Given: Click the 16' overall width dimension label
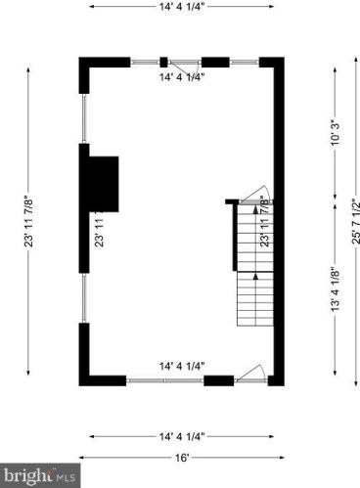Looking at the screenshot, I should click(181, 456).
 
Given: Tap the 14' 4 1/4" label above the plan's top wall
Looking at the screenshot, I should click(181, 6).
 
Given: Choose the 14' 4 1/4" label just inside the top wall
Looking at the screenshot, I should click(182, 76).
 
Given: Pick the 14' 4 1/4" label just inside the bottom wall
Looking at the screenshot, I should click(182, 366).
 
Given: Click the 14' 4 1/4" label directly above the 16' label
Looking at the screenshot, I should click(181, 435).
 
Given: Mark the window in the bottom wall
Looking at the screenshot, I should click(165, 379).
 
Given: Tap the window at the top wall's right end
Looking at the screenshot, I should click(246, 62).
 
